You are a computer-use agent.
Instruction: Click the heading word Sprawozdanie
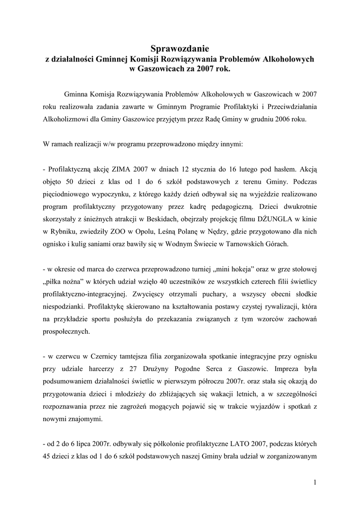pos(180,49)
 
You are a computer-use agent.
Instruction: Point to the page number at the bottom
pos(315,482)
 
